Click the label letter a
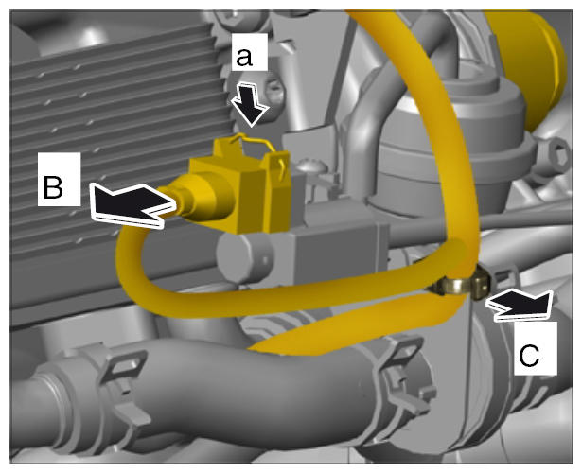coord(244,58)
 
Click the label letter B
coord(53,187)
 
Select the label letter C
coord(529,356)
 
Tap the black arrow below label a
coord(250,105)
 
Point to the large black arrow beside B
coord(132,204)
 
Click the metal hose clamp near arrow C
coord(462,284)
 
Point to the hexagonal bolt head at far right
coord(556,156)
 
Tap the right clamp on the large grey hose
coord(406,375)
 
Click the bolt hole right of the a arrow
coord(273,92)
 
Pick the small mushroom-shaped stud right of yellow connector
coord(311,166)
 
